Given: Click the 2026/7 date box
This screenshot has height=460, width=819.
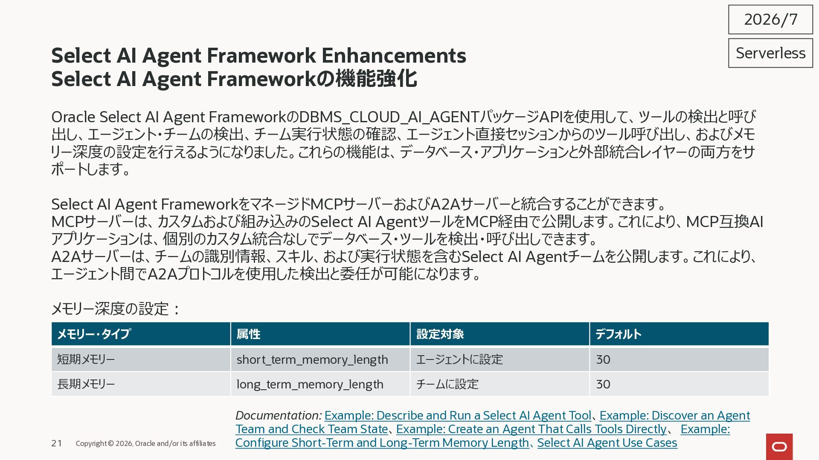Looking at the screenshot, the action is click(x=770, y=20).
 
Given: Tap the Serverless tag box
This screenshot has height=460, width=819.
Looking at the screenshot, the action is click(x=770, y=53).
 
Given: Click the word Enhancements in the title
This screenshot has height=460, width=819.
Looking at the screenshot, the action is click(x=394, y=56).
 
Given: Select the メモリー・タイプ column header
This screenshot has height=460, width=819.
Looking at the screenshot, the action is click(x=94, y=334).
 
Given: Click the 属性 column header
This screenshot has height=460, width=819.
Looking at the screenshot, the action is click(x=248, y=334).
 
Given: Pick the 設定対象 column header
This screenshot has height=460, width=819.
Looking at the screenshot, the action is click(x=440, y=334).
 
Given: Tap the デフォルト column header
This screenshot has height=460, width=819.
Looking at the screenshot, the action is click(x=618, y=334).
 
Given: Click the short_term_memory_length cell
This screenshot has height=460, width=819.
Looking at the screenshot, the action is click(x=312, y=360).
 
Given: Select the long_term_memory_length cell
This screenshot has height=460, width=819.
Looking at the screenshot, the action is click(x=310, y=385).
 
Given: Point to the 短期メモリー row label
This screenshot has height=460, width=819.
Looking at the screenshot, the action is click(x=86, y=359).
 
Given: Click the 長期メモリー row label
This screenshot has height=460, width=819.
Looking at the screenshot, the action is click(x=86, y=384).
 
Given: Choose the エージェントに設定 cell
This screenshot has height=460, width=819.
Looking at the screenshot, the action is click(x=459, y=359).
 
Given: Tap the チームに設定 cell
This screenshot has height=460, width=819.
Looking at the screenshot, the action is click(x=447, y=384).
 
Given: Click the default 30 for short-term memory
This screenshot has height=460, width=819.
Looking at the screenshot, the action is click(x=603, y=359).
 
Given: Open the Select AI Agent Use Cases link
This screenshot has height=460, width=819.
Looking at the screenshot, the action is click(x=607, y=443).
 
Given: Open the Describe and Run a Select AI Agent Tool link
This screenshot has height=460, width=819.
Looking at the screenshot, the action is click(x=458, y=416).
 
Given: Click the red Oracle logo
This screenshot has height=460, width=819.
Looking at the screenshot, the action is click(x=779, y=447).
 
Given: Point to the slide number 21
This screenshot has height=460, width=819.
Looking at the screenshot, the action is click(x=57, y=443).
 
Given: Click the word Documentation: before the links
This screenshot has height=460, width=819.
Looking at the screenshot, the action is click(x=279, y=416).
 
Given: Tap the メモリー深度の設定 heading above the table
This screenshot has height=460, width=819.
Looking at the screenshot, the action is click(x=115, y=309).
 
